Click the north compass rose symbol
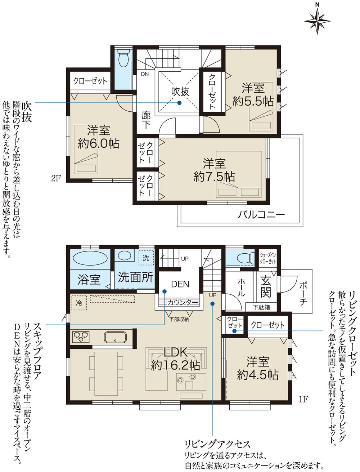(x=317, y=20)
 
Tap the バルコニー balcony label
(x=261, y=215)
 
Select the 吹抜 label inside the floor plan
(x=180, y=92)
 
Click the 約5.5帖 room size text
(x=253, y=101)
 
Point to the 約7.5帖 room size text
(x=214, y=177)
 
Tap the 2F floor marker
(x=55, y=178)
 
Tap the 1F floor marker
(x=303, y=399)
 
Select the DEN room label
(x=180, y=284)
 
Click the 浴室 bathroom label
(x=89, y=280)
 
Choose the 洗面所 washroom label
(x=135, y=277)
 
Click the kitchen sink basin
(x=115, y=338)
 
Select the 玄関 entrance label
(x=266, y=287)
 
